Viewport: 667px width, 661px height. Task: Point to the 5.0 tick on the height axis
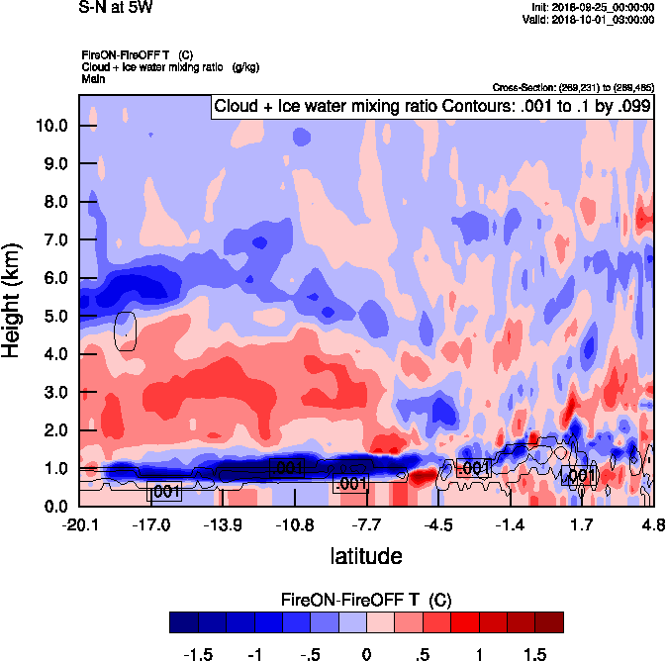(x=53, y=317)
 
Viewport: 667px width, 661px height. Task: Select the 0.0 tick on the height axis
(x=53, y=507)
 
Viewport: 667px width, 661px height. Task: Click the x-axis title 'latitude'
(x=366, y=556)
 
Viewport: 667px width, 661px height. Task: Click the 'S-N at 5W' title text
(x=115, y=8)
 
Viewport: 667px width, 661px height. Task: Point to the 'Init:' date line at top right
(x=591, y=7)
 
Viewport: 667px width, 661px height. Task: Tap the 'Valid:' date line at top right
(x=590, y=19)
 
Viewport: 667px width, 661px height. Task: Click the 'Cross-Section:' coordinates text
(x=572, y=87)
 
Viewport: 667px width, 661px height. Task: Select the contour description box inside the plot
(x=432, y=106)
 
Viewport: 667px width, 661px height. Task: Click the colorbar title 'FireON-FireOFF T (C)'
(x=366, y=600)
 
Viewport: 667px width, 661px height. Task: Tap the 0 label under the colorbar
(x=366, y=654)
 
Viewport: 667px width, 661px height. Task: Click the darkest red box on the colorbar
(x=548, y=621)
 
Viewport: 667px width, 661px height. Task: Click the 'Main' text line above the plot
(x=93, y=77)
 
